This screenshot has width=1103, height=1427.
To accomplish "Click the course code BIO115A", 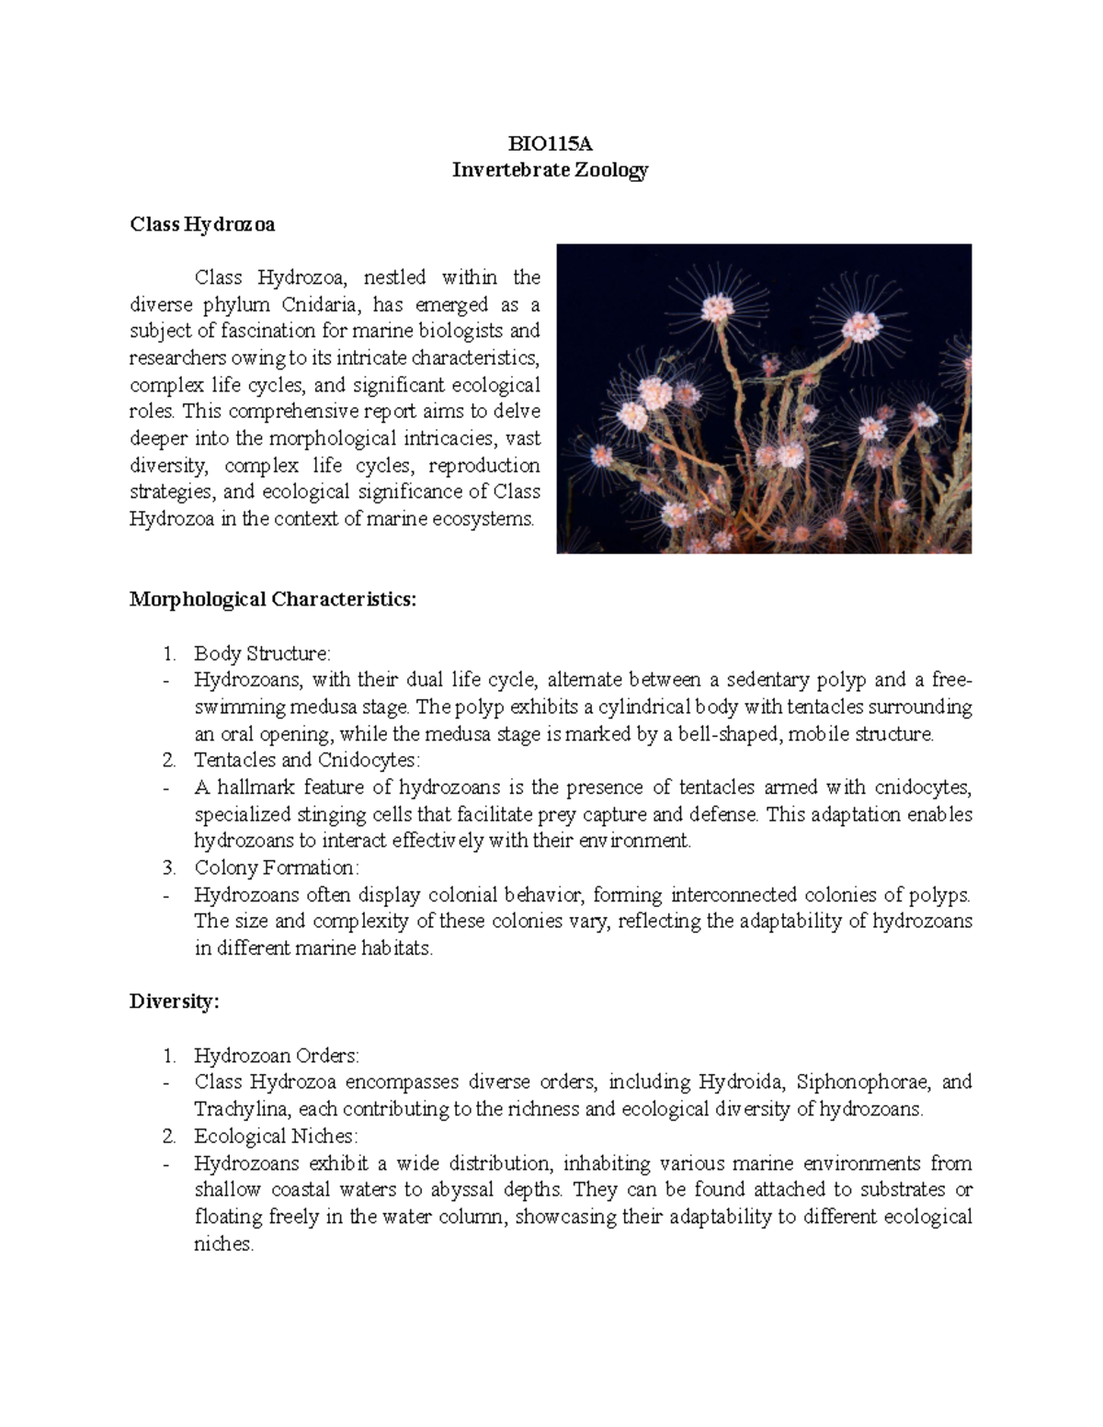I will click(551, 143).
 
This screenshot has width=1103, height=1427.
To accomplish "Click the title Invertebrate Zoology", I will click(551, 170).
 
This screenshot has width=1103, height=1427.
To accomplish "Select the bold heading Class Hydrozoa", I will click(202, 224).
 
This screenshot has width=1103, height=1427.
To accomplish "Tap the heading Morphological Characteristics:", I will click(273, 600).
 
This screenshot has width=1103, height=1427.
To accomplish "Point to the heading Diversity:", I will click(175, 1002).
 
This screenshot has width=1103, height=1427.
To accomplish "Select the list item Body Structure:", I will click(262, 653).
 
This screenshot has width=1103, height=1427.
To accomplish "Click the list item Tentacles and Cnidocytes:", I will click(306, 760).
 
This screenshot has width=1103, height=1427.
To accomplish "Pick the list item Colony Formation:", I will click(276, 867).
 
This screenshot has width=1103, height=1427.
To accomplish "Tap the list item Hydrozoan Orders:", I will click(276, 1055).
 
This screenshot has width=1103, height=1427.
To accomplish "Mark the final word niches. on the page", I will click(223, 1244).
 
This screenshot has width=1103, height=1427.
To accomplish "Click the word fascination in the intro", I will click(279, 331).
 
